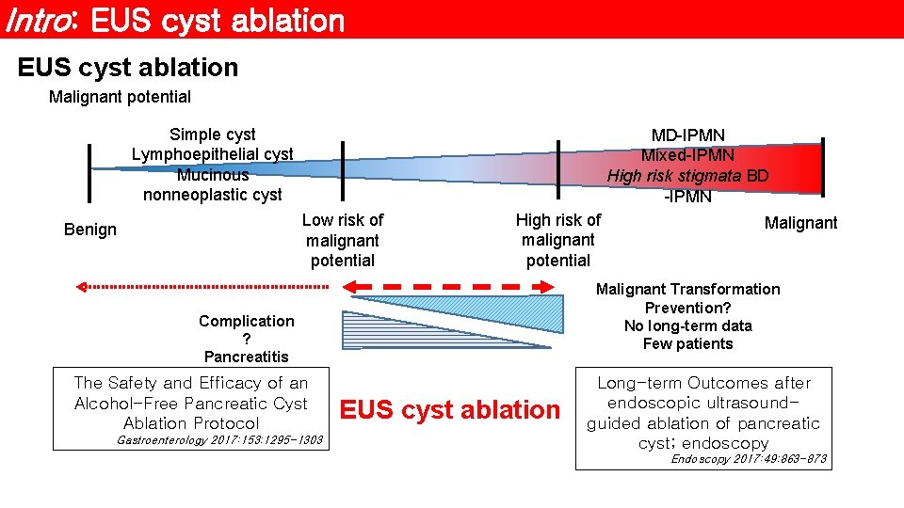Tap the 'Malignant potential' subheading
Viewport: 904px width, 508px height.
tap(120, 97)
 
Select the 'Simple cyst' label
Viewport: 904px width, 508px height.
tap(212, 135)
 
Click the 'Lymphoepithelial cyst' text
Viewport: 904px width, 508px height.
tap(212, 154)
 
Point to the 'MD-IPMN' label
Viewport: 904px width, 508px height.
tap(687, 136)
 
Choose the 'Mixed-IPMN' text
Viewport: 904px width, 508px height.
tap(687, 156)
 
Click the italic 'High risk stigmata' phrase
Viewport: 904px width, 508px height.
tap(674, 176)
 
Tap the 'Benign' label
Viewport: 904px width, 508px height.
tap(90, 230)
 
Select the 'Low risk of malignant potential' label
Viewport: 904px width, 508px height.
tap(342, 240)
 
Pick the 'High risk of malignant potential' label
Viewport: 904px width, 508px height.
tap(558, 240)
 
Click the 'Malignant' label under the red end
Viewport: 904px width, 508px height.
tap(800, 223)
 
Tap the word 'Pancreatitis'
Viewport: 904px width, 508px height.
tap(246, 357)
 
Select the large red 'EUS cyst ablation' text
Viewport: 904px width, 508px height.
tap(449, 410)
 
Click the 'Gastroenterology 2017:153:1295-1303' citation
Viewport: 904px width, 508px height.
tap(219, 440)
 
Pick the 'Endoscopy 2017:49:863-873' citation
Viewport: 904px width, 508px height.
tap(749, 459)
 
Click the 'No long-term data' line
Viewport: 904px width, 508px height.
tap(687, 325)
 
